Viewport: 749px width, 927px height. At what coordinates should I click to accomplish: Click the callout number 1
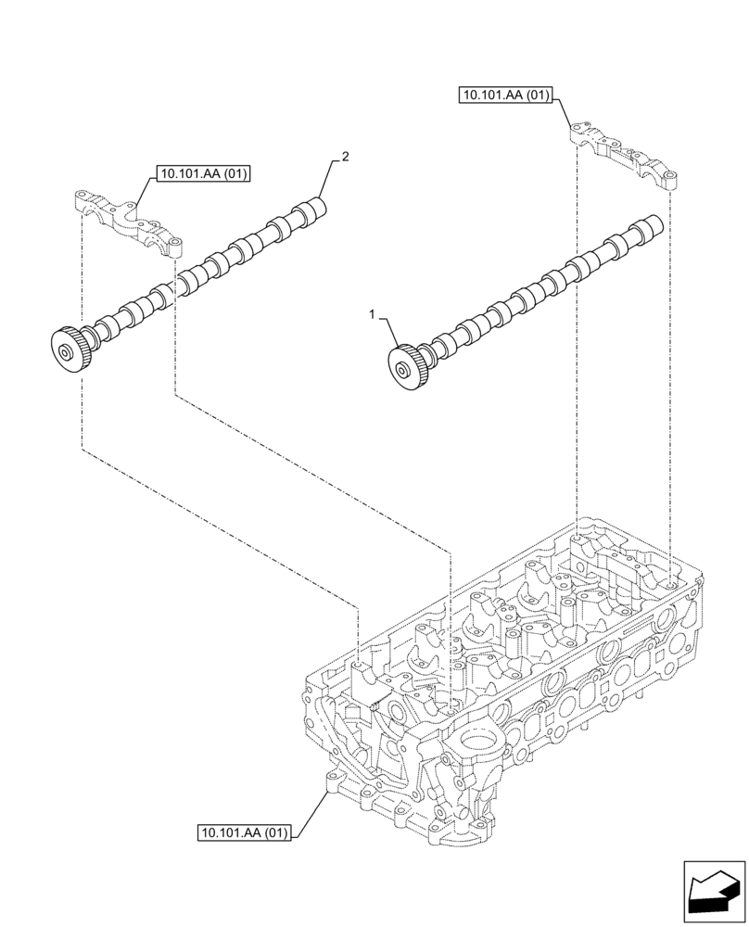[x=373, y=315]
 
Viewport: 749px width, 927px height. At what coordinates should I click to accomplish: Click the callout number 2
[x=345, y=158]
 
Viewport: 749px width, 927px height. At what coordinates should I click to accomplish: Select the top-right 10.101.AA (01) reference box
[x=505, y=95]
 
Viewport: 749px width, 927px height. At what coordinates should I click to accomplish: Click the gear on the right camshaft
[x=406, y=369]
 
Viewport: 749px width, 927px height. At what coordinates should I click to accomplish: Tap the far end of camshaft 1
[x=653, y=227]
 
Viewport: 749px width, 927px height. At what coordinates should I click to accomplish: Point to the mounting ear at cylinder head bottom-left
[x=331, y=781]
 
